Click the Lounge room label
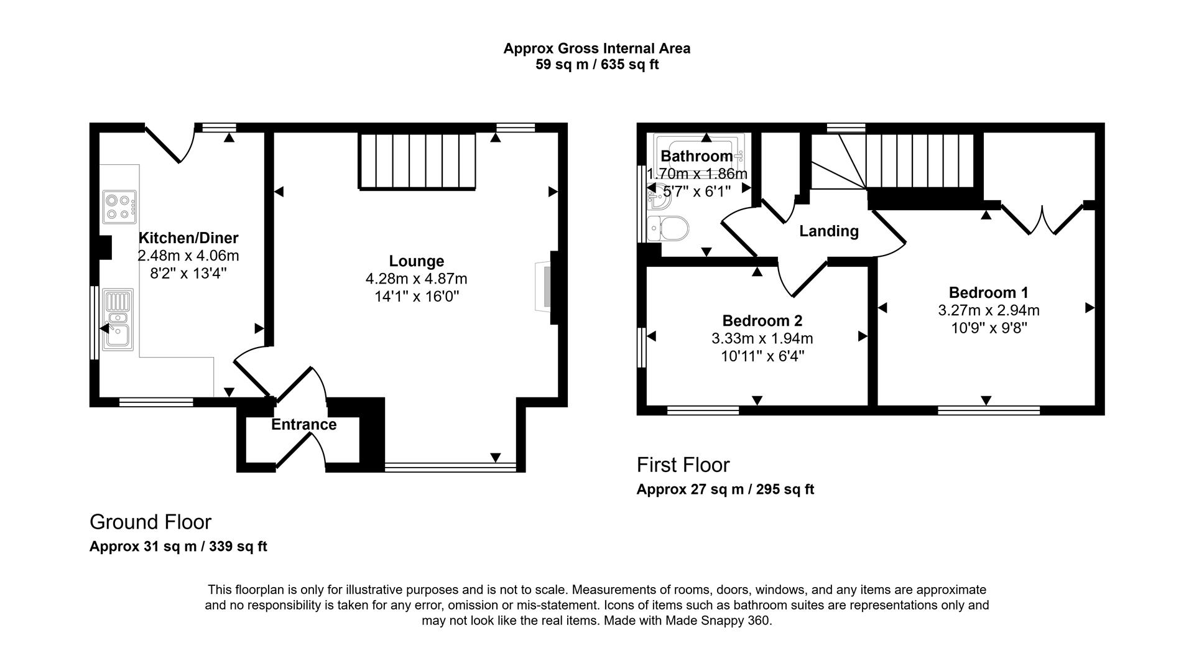tap(416, 261)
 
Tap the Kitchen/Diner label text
tap(188, 238)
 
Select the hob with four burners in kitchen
tap(119, 207)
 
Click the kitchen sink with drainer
tap(118, 319)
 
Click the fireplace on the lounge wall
tap(543, 287)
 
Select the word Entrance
tap(303, 425)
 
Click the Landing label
tap(828, 231)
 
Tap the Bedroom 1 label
tap(988, 292)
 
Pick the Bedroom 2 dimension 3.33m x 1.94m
tap(762, 339)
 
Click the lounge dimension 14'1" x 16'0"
tap(416, 297)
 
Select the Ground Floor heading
tap(150, 522)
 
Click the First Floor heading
tap(683, 465)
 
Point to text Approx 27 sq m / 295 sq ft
tap(724, 489)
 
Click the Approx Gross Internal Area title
tap(596, 49)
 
